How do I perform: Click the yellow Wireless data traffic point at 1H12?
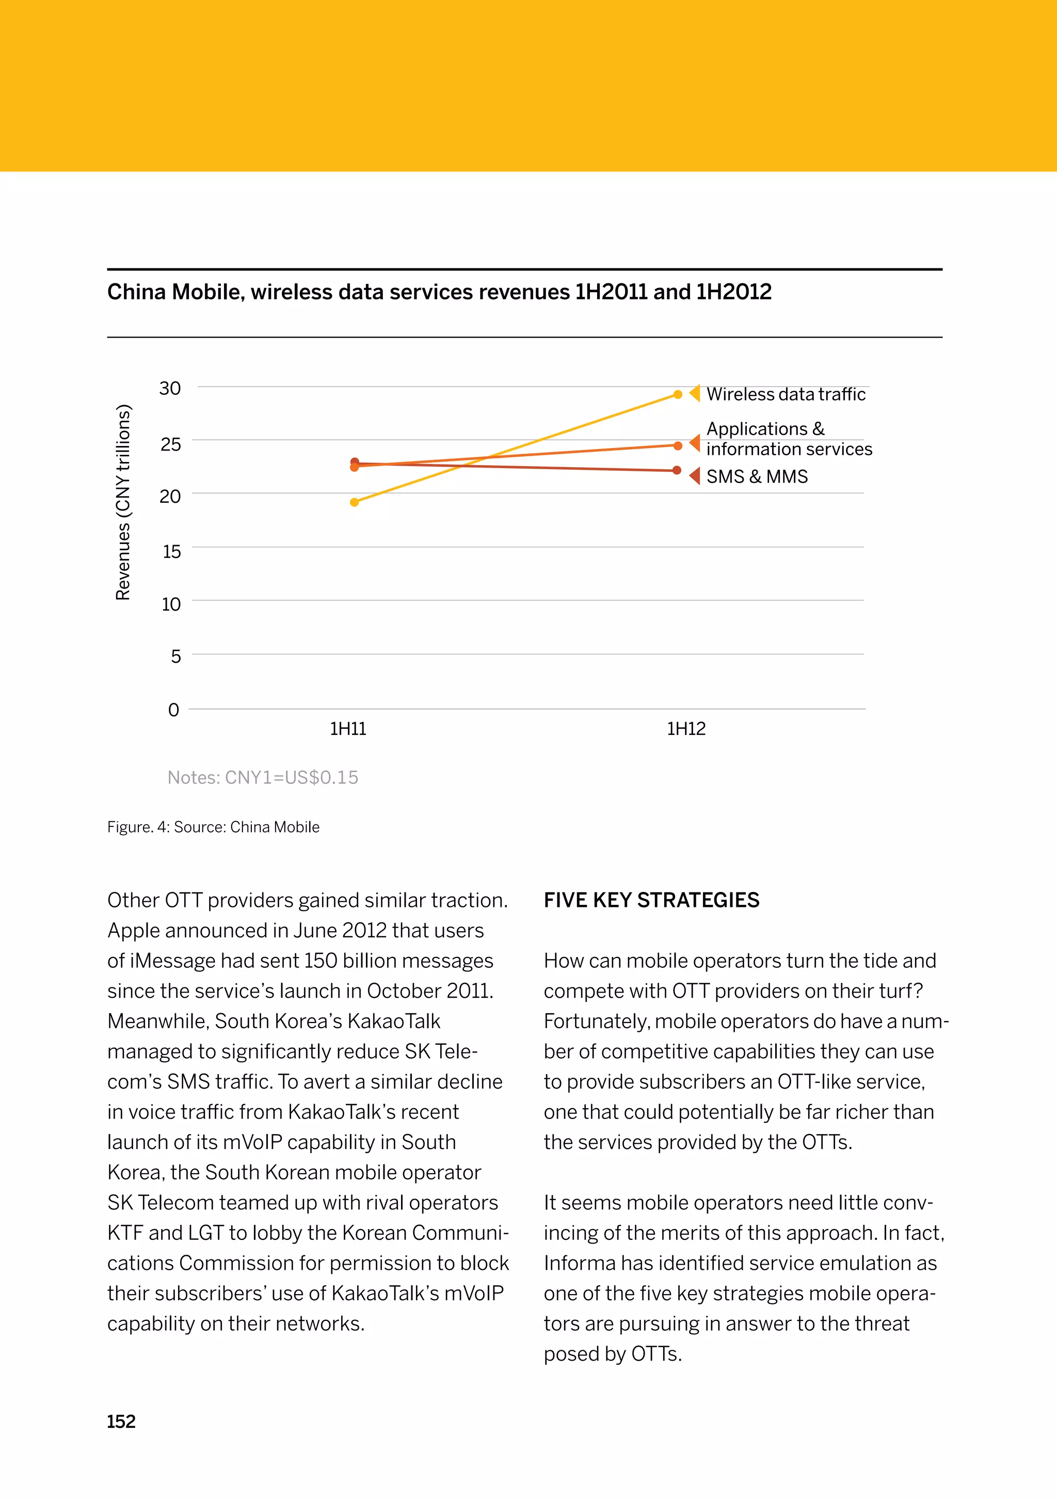pos(678,394)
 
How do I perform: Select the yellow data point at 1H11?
pos(354,502)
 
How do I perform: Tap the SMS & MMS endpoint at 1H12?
pos(677,470)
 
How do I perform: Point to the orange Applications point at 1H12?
pos(678,445)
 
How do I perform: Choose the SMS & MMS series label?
pos(757,477)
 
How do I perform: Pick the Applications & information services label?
pos(789,439)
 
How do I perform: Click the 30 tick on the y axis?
pos(170,389)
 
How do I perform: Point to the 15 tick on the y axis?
pos(172,552)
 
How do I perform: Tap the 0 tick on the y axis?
pos(173,710)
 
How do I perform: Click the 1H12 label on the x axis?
pos(686,729)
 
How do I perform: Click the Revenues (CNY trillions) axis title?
pos(123,502)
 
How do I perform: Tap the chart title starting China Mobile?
pos(439,292)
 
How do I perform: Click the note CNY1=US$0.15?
pos(263,777)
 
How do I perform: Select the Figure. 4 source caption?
pos(213,827)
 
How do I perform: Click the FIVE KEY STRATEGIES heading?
pos(651,900)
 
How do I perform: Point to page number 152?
pos(121,1422)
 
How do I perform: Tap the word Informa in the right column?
pos(579,1264)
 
